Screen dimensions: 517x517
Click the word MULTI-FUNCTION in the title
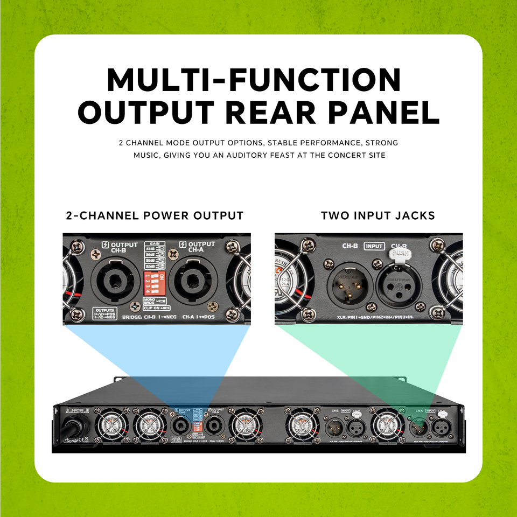coord(254,79)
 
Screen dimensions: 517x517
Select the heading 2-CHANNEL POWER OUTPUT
coord(155,216)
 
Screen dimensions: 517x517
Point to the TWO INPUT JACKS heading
coord(378,216)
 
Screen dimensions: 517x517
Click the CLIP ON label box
coord(156,309)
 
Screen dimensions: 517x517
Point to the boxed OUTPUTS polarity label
coord(105,313)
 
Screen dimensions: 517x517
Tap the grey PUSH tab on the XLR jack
coord(399,251)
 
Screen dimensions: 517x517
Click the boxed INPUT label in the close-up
coord(374,246)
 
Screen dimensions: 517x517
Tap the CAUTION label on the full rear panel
coord(76,410)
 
